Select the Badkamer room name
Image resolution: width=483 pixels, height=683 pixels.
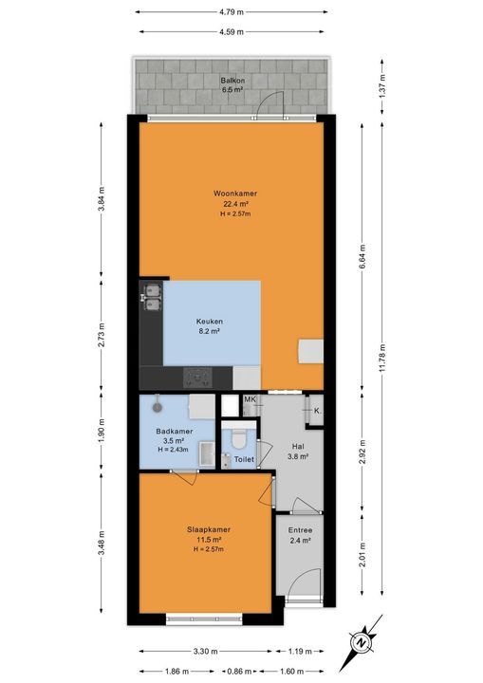point(175,431)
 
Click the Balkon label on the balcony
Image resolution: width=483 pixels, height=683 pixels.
point(232,81)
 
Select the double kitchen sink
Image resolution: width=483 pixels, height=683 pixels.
point(151,297)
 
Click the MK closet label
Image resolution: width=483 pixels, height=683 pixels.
point(250,400)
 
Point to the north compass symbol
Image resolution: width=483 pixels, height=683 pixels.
point(362,641)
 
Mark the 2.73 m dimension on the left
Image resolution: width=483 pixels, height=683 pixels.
point(102,336)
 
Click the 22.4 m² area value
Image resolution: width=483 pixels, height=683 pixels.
point(235,203)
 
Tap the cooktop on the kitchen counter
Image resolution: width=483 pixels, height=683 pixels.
point(198,378)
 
